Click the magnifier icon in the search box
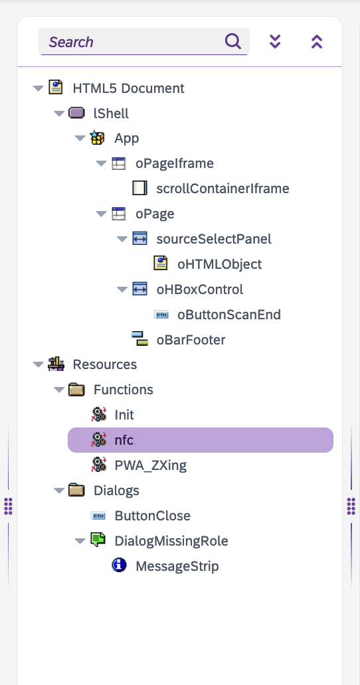coord(233,42)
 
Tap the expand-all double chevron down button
coord(275,42)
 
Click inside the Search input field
coord(131,42)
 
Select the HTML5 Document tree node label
coord(128,88)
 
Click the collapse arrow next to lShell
coord(59,114)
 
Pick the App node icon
coord(97,138)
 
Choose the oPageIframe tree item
coord(175,163)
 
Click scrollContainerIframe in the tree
coord(223,189)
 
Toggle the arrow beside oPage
coord(101,214)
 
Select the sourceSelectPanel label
coord(214,239)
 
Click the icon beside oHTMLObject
coord(161,264)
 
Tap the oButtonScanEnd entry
coord(229,315)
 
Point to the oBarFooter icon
coord(139,339)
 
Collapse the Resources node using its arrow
coord(38,364)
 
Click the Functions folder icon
coord(76,389)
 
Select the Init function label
coord(124,415)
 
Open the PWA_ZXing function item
coord(150,466)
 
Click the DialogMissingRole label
coord(171,541)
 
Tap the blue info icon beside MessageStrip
coord(119,566)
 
